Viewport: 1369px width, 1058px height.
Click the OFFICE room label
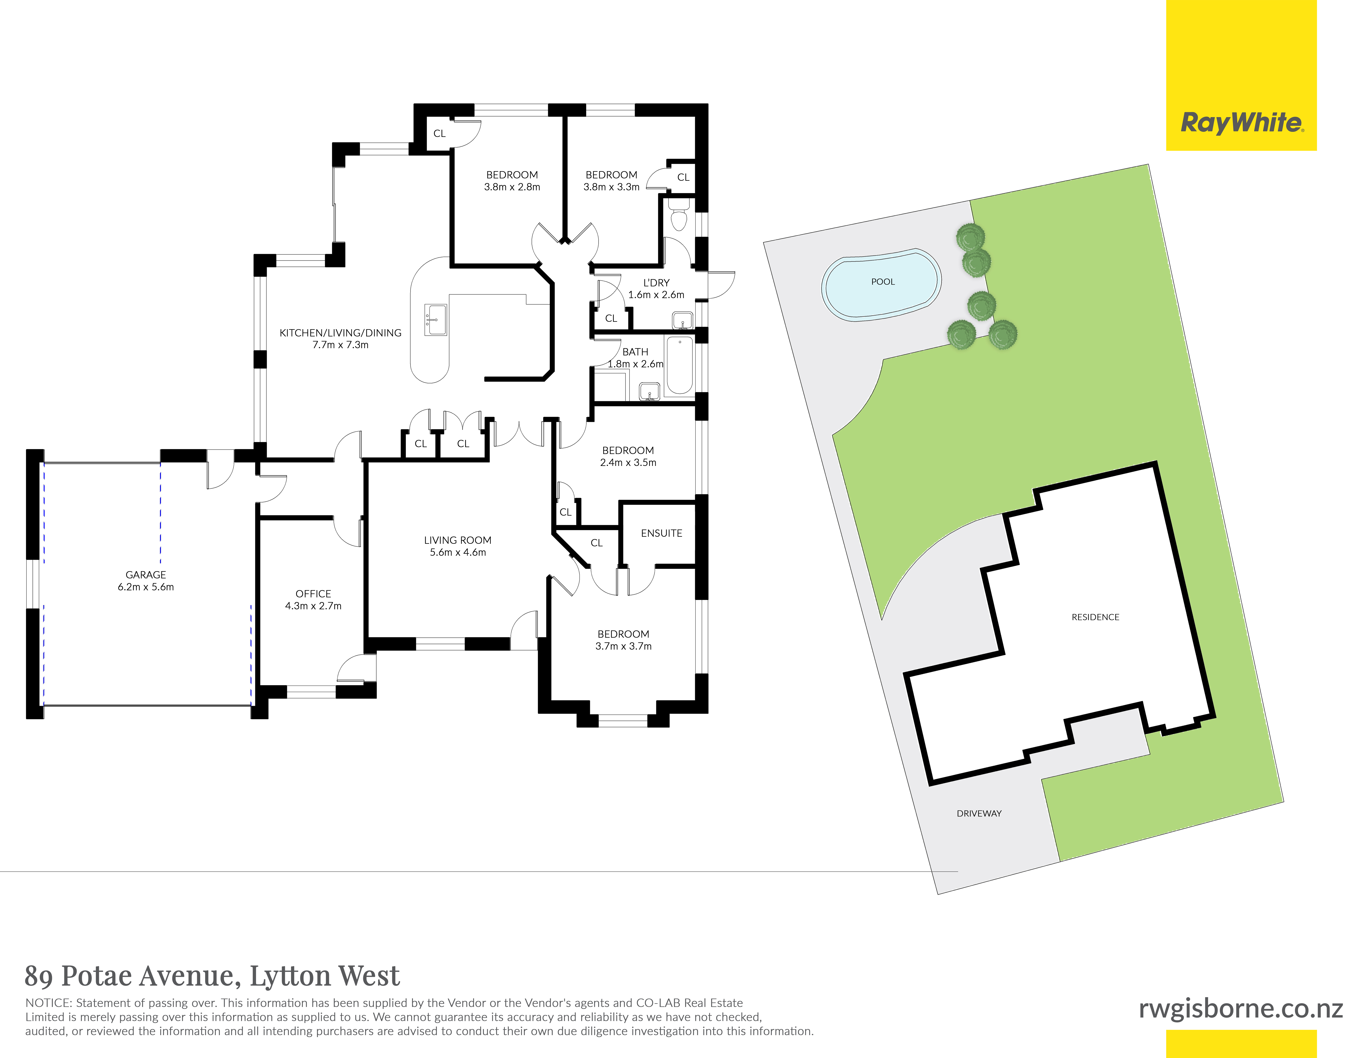coord(314,594)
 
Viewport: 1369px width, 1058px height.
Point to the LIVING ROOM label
coord(458,540)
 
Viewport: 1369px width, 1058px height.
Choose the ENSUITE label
coord(661,533)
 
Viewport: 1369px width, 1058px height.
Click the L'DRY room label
coord(656,283)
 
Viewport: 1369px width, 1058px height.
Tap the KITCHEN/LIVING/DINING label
coord(340,333)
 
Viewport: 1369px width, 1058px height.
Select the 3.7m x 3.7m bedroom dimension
coord(624,646)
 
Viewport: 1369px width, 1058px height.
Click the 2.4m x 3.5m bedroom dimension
coord(628,463)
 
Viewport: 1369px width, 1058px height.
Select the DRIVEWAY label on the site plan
coord(979,814)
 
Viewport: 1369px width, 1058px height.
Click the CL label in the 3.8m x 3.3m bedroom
coord(683,177)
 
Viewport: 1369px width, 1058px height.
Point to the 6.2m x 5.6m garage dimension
coord(146,587)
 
